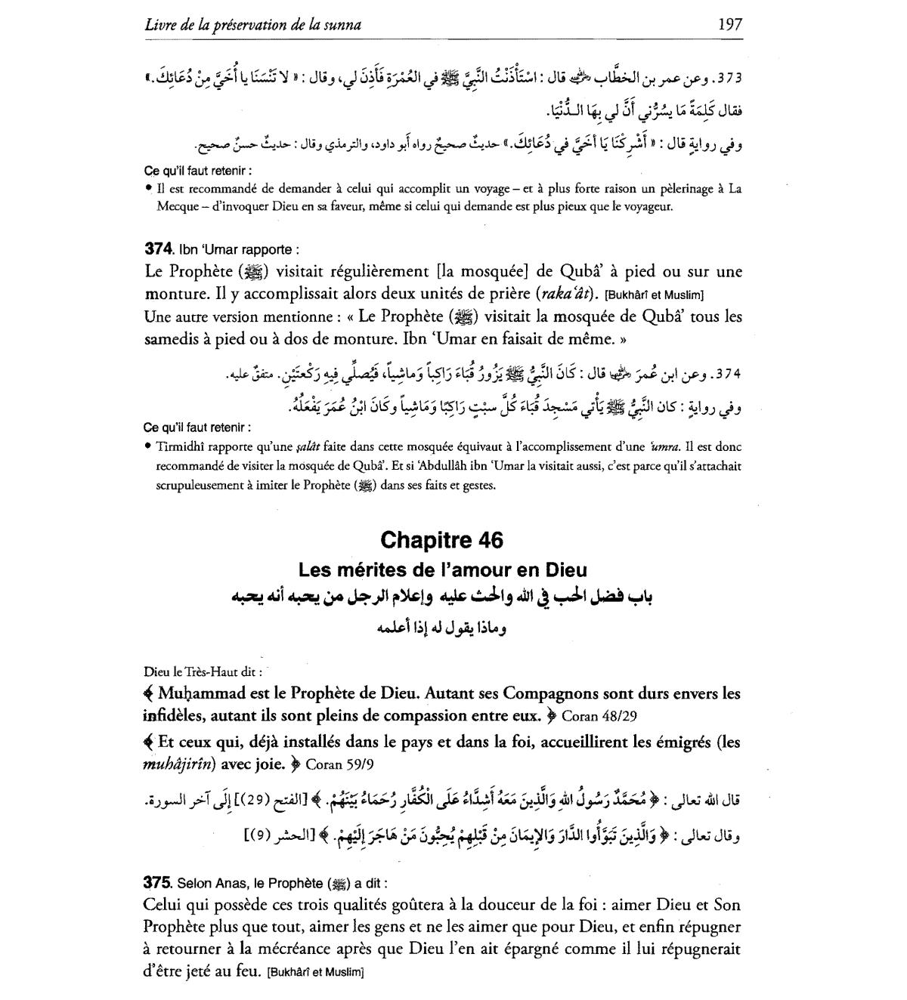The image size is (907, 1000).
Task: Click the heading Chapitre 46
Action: coord(442,540)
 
